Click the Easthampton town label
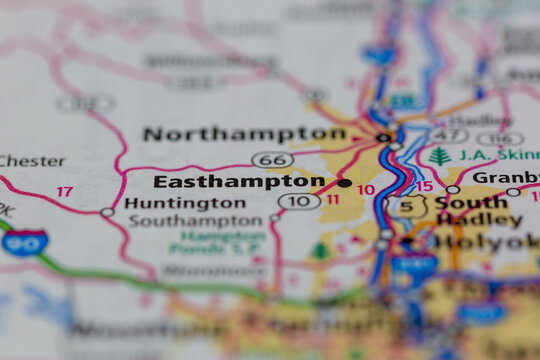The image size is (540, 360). click(x=239, y=182)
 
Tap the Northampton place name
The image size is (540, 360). click(x=244, y=133)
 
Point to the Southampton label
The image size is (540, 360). click(x=195, y=220)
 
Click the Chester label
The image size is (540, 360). click(x=32, y=161)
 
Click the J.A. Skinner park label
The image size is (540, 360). click(x=498, y=155)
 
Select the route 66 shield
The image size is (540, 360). click(x=272, y=160)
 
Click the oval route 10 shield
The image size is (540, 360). click(x=299, y=201)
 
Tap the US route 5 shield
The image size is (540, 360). click(x=407, y=207)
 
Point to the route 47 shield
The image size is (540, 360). click(x=449, y=135)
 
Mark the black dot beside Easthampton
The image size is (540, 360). click(x=345, y=183)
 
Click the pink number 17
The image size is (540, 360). click(x=64, y=191)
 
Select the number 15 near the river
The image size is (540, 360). click(x=424, y=186)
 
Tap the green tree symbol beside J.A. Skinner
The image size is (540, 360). click(x=439, y=156)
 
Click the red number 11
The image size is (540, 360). click(x=332, y=199)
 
